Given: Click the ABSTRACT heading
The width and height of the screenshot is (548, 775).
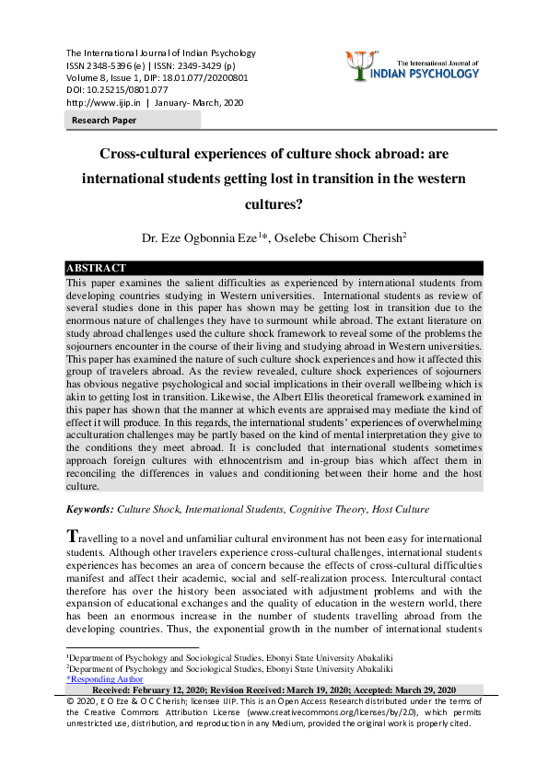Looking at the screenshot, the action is (x=96, y=268).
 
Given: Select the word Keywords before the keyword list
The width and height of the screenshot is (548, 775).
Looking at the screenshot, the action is (x=88, y=508).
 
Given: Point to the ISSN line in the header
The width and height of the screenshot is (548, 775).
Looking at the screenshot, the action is (x=144, y=65).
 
